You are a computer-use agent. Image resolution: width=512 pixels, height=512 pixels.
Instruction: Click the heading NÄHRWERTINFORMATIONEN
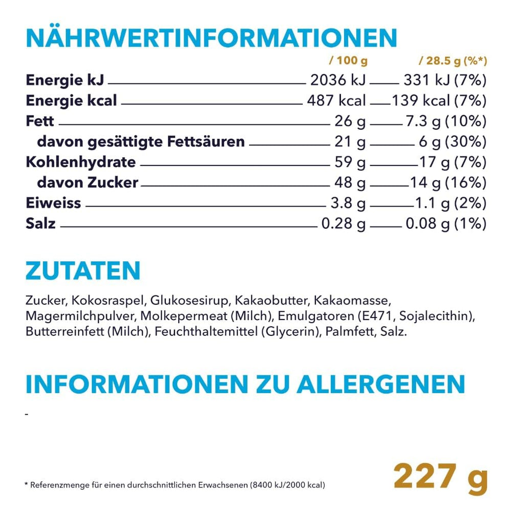click(211, 38)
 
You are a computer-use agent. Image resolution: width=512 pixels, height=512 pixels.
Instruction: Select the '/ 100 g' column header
click(348, 61)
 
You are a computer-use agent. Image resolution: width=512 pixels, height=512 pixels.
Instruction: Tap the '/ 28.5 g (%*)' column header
click(453, 61)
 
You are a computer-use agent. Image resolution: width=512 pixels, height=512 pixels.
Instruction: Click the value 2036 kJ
click(338, 80)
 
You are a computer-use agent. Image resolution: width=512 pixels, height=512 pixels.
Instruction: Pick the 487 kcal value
click(336, 101)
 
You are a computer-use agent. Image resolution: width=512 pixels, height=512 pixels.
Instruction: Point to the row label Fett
click(39, 121)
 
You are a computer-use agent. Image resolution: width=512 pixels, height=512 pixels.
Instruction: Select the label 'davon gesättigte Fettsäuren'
click(141, 142)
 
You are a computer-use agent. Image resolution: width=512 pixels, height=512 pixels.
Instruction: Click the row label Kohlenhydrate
click(80, 162)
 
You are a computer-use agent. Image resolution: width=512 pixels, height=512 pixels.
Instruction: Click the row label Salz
click(40, 224)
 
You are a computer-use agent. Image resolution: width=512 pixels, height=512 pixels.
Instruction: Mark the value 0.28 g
click(343, 224)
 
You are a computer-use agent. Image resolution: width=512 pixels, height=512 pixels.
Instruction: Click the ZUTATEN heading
click(82, 271)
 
